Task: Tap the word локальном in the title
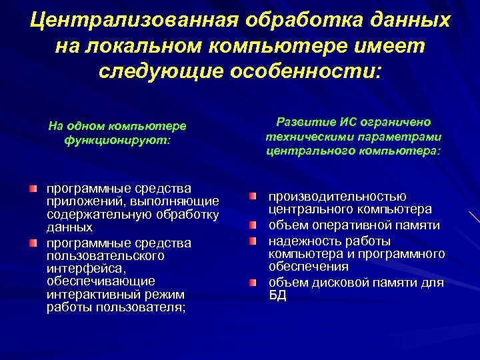[x=155, y=45]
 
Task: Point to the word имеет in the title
[x=387, y=45]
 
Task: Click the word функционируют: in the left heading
[x=117, y=140]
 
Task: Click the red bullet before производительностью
[x=253, y=197]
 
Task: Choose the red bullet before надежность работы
[x=253, y=240]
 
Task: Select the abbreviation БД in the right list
[x=277, y=295]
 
